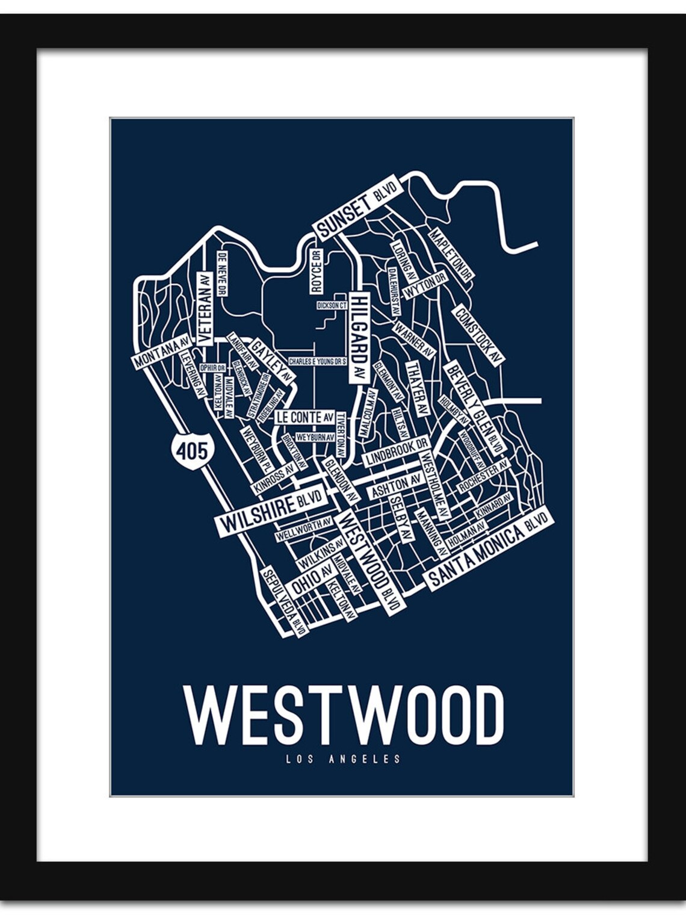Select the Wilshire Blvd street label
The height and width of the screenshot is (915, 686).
[x=271, y=510]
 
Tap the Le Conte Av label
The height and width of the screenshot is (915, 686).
[x=305, y=417]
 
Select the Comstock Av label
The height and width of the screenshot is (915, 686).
[x=478, y=335]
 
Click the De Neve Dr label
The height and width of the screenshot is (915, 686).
[x=221, y=273]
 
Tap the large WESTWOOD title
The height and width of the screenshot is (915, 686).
[x=343, y=716]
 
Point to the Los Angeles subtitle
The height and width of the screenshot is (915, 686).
[x=343, y=759]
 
